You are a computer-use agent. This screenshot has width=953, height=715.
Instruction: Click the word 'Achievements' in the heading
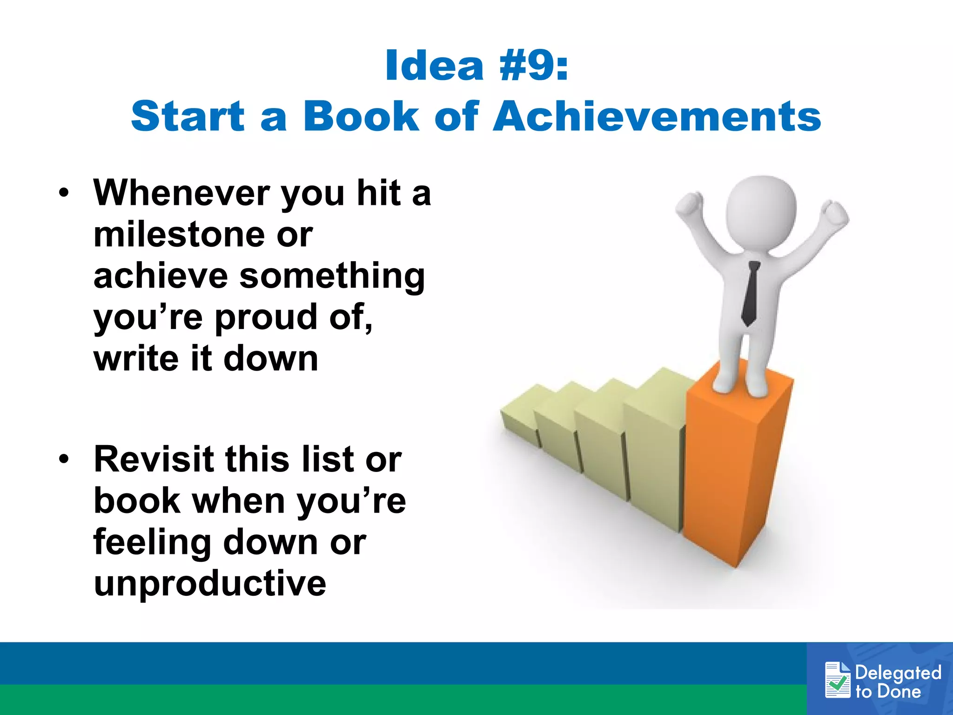657,116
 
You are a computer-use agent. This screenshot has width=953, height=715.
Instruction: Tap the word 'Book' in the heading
361,116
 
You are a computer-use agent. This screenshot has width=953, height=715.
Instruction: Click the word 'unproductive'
210,583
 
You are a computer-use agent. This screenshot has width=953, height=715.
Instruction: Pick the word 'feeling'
152,542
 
